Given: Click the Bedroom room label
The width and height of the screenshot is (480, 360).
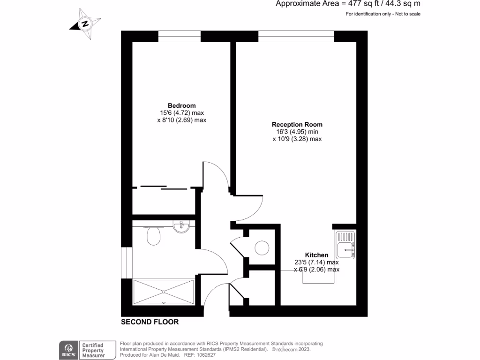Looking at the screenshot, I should [182, 105].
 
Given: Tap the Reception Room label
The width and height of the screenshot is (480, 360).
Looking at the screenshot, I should [297, 125].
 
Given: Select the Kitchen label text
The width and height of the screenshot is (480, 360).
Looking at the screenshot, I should [316, 255].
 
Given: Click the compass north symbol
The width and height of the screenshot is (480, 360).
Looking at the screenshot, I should [85, 23].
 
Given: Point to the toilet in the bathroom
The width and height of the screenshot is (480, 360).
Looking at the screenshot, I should [154, 236].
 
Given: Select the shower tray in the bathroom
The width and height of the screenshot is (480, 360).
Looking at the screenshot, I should [164, 292].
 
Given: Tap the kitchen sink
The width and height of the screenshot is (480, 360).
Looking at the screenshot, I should [346, 244].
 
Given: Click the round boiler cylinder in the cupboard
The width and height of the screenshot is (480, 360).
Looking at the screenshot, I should [262, 248].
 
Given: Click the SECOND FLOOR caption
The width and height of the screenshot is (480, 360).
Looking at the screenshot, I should [150, 322].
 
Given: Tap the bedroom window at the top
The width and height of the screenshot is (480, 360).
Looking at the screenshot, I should [179, 36].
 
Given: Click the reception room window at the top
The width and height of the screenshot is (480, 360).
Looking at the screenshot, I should [296, 36].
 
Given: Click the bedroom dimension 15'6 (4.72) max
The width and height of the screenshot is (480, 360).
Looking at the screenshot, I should [182, 113].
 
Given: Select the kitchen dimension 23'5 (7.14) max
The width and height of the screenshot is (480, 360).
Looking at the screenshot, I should [316, 262].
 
